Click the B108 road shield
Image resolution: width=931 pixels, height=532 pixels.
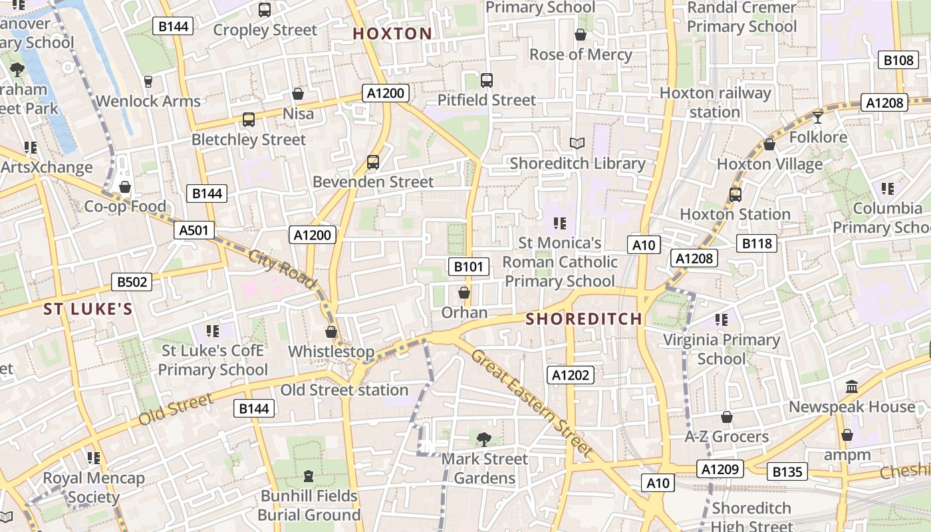pos(898,60)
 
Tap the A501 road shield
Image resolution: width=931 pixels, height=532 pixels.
pos(195,230)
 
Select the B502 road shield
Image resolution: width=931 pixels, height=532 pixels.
pos(132,282)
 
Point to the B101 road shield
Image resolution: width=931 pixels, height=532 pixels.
pos(469,267)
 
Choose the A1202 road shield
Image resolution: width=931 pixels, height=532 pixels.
pos(571,375)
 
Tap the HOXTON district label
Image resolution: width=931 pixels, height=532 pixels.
pos(392,34)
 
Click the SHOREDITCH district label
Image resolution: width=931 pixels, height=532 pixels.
pos(584,319)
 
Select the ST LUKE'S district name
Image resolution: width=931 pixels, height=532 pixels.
pos(88,309)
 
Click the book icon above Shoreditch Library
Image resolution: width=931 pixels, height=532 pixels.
pos(577,143)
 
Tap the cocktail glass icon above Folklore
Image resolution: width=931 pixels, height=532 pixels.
pos(817,118)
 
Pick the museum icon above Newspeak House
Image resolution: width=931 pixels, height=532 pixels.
pos(851,386)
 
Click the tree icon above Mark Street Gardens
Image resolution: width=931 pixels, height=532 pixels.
pos(484,438)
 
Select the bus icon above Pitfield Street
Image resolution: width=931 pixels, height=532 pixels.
pos(487,80)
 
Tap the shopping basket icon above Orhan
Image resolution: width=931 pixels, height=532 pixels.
pos(464,293)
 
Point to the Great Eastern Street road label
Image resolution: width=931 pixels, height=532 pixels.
pos(531,403)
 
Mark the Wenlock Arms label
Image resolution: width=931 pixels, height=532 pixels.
pos(148,101)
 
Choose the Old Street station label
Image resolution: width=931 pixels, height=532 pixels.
pos(344,390)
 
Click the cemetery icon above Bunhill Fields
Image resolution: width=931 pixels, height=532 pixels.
pos(308,476)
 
